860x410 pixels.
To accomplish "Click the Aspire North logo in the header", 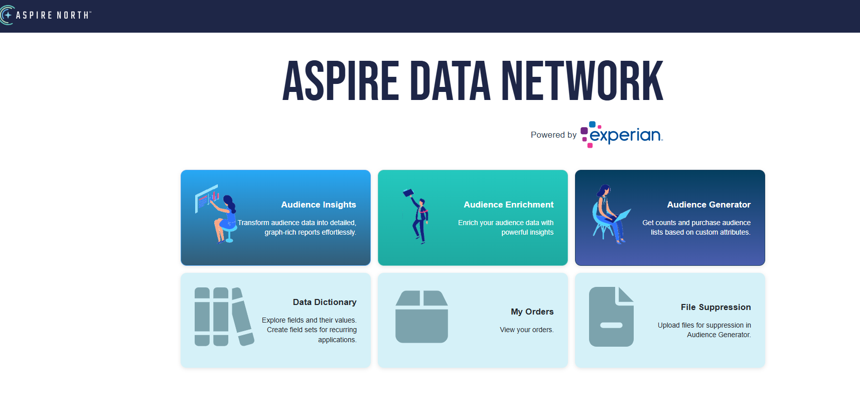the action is point(46,15).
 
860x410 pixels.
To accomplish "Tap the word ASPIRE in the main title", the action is point(341,81).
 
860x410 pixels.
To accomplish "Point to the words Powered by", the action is point(553,135).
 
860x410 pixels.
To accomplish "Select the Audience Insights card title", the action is point(318,204).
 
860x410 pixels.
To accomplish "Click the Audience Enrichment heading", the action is point(508,204).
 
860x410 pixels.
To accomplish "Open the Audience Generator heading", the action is point(708,204).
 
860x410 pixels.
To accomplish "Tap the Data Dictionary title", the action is point(324,302).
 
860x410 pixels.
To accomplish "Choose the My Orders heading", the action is point(532,312).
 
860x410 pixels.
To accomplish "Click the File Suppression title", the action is point(715,307).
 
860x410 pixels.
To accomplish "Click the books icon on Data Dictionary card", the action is point(223,317).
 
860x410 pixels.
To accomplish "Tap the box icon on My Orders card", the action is point(421,317).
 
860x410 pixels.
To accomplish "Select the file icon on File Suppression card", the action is point(611,317).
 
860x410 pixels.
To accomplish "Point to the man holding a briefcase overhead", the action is point(418,216).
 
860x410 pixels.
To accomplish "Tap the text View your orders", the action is point(526,330).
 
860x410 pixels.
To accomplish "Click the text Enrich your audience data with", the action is point(505,223).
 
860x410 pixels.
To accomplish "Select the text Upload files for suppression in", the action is point(704,325).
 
